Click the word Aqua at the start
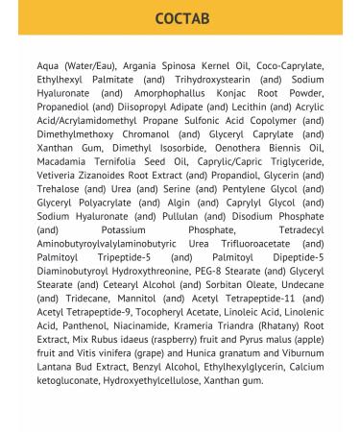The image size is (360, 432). (x=48, y=65)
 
